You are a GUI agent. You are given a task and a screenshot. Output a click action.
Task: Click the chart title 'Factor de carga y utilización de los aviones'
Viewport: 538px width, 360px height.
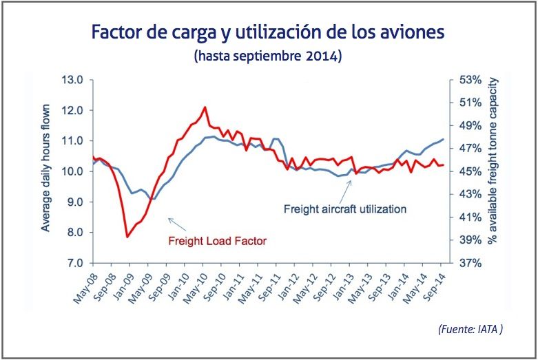point(269,32)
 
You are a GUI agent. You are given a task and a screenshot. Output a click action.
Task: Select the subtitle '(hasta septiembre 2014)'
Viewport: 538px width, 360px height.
point(269,55)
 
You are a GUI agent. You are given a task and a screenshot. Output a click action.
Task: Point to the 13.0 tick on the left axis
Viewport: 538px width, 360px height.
point(73,80)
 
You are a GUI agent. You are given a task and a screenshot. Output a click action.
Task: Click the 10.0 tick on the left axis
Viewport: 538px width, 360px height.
point(73,171)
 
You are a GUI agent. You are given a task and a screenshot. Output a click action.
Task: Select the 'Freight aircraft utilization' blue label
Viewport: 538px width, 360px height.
point(345,208)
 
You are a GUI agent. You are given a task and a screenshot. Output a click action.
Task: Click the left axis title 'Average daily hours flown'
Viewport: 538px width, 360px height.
point(46,171)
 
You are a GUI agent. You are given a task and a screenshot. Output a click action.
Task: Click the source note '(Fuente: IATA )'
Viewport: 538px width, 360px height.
point(470,330)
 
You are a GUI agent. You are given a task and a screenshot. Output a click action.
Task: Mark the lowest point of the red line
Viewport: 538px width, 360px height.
point(127,237)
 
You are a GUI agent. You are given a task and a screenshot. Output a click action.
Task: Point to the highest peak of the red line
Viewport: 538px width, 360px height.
point(205,107)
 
